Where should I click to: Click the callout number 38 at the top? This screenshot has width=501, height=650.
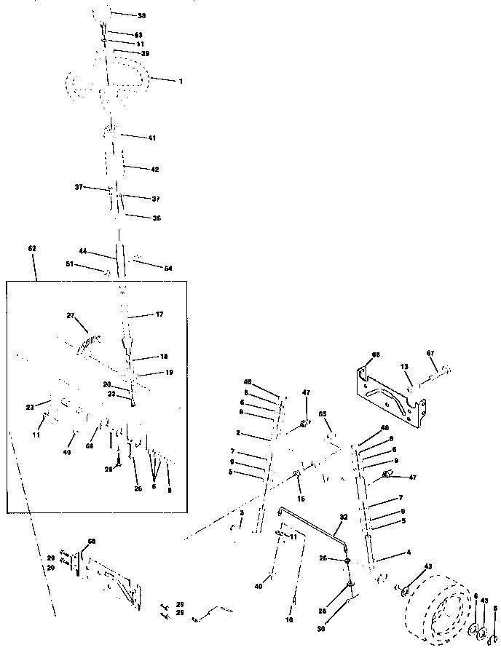[141, 15]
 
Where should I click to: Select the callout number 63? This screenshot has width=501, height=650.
[138, 35]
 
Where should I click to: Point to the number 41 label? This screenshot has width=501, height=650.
[151, 138]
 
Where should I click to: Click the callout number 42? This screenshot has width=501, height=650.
[154, 169]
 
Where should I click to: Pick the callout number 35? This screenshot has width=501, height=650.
[156, 218]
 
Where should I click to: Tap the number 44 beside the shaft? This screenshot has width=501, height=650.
[83, 251]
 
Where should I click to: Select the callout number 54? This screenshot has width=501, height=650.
[168, 269]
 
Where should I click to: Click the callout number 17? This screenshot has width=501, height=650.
[159, 314]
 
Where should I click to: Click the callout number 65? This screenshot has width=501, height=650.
[323, 413]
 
